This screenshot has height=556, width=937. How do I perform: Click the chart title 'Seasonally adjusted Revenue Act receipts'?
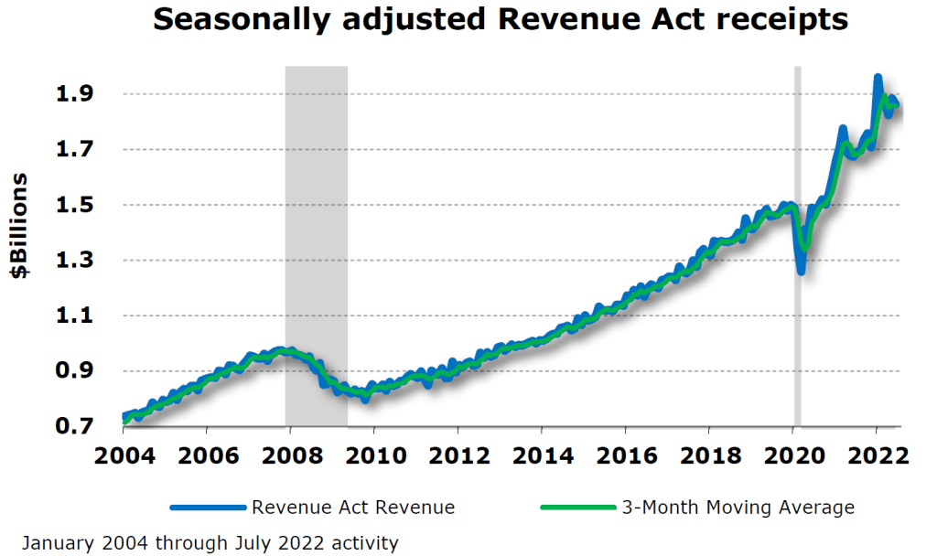(501, 20)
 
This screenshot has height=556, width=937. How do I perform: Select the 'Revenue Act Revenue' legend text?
(353, 507)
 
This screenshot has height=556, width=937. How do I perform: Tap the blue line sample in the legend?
(207, 507)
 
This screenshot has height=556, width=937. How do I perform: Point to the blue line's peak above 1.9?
(878, 79)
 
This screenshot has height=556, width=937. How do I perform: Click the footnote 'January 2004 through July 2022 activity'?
(210, 543)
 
